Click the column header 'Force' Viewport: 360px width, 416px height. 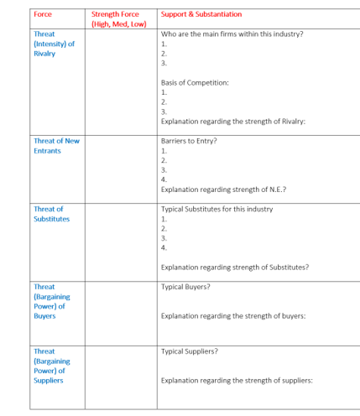pyautogui.click(x=43, y=14)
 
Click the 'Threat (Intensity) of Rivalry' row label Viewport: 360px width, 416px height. pyautogui.click(x=51, y=44)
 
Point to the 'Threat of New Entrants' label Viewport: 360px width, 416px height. pyautogui.click(x=56, y=146)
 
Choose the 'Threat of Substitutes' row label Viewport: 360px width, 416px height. pyautogui.click(x=51, y=214)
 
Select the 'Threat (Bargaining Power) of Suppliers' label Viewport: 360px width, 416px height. pyautogui.click(x=51, y=366)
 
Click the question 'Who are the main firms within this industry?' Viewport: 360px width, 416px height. pyautogui.click(x=232, y=34)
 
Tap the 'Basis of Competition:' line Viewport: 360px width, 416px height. pyautogui.click(x=194, y=82)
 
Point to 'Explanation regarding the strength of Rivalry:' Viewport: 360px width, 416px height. pyautogui.click(x=232, y=122)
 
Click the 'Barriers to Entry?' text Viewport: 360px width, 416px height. pyautogui.click(x=189, y=141)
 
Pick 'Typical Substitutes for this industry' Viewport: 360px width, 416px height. pyautogui.click(x=217, y=209)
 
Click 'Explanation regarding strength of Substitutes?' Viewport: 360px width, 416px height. pyautogui.click(x=234, y=268)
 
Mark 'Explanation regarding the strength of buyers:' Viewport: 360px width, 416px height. pyautogui.click(x=232, y=315)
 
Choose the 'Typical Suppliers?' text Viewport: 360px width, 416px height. pyautogui.click(x=189, y=351)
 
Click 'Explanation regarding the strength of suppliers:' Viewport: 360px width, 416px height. pyautogui.click(x=236, y=381)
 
